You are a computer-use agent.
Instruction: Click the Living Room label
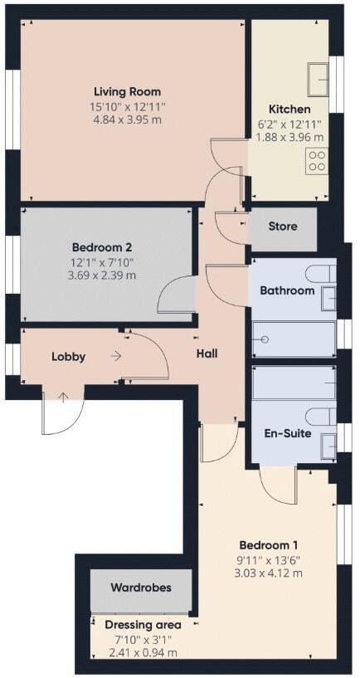click(127, 91)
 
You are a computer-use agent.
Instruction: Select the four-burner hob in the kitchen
click(316, 160)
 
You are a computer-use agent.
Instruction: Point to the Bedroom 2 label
click(102, 246)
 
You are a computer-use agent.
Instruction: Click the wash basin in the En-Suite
click(328, 444)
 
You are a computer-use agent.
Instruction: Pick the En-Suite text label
click(286, 432)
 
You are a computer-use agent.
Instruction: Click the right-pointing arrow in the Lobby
click(115, 356)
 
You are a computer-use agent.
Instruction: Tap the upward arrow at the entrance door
click(64, 396)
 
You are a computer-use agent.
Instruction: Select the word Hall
click(207, 354)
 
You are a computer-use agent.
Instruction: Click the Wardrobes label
click(141, 587)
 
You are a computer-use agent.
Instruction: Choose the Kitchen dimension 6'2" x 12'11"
click(289, 124)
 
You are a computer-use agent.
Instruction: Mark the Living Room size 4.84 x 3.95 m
click(127, 120)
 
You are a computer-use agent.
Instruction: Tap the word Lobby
click(68, 357)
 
